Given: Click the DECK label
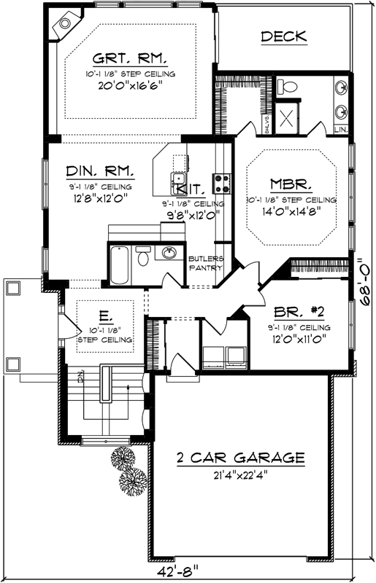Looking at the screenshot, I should (284, 36).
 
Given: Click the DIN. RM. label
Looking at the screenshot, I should (100, 171).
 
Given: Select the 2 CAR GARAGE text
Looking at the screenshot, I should (240, 458).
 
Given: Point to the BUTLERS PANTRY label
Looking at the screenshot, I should (206, 263).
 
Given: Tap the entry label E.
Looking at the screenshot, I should (105, 316).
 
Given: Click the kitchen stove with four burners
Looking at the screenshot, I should (220, 181).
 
